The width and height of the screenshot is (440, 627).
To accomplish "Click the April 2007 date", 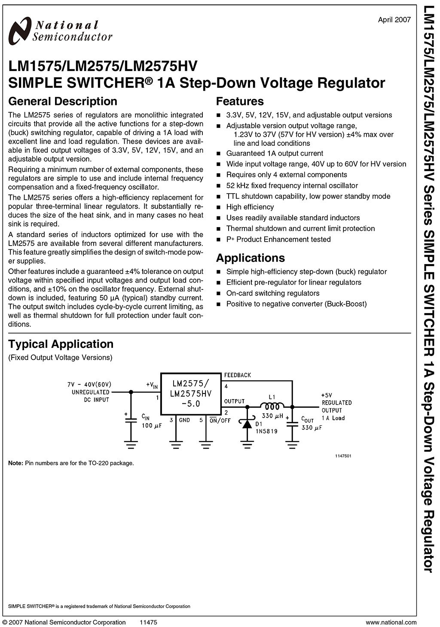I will coord(394,19).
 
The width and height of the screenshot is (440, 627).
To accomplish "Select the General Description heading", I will coord(63,101).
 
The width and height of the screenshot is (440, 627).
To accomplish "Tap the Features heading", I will coord(240,101).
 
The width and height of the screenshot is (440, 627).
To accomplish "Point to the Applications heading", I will coord(250,258).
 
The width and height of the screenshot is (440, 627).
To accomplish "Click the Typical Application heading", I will coord(61,344).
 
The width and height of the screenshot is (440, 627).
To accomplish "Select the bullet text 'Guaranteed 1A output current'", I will coord(275,154).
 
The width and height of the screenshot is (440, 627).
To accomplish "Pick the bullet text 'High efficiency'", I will coord(250,207).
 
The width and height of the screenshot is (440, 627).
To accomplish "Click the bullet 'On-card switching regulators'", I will coord(273,293).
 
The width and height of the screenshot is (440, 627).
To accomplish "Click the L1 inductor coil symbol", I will coord(272,406).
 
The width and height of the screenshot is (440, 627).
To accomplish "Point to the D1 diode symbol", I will coord(247,424).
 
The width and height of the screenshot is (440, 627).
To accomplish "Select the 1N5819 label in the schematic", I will coord(266,431).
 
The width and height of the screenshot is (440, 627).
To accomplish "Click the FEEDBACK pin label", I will coord(237,375).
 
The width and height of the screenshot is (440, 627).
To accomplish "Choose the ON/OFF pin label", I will coord(220,420).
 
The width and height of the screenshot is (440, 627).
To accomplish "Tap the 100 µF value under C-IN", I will coord(152,426).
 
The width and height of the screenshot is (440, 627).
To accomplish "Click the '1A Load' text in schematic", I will coord(333,418).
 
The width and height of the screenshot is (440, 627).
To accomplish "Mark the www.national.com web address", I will coord(391,622).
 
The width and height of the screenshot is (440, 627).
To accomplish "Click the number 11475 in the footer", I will coord(148,622).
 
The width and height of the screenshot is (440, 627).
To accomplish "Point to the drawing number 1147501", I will coord(343,456).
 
